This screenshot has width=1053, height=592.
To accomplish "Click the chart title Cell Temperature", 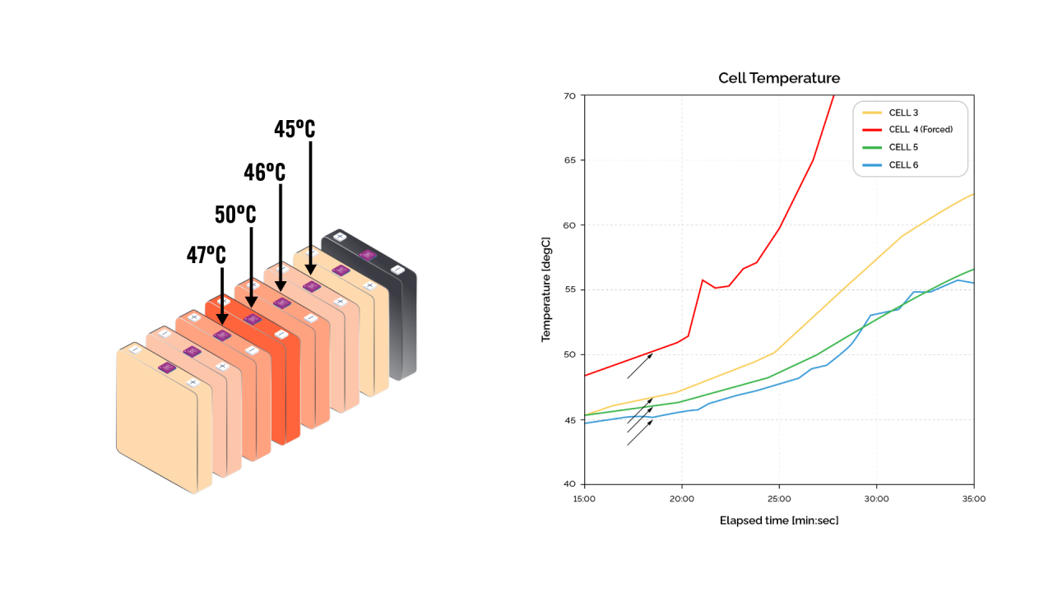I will [x=779, y=79].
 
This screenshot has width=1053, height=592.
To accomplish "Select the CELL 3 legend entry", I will [x=903, y=113].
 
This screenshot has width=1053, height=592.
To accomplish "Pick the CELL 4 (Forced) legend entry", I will [x=921, y=130].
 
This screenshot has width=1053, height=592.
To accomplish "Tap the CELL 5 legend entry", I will [x=903, y=147].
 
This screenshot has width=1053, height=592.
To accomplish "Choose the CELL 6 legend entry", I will [x=903, y=165].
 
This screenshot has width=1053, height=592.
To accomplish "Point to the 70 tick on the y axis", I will [x=569, y=96].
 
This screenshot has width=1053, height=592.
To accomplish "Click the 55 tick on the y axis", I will [x=569, y=290].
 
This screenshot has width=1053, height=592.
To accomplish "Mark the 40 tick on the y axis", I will [x=569, y=484].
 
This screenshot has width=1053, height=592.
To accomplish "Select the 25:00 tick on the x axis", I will [x=779, y=498].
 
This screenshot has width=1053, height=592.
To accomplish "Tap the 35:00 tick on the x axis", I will [x=974, y=498].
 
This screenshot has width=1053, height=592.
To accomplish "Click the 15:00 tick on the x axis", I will [x=583, y=498].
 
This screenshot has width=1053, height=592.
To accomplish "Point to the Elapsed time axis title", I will [x=779, y=520].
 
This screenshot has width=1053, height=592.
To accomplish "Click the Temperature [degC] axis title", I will [x=546, y=289].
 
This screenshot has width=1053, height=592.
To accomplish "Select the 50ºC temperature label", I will [x=235, y=215].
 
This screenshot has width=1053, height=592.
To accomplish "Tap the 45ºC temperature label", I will [x=295, y=129].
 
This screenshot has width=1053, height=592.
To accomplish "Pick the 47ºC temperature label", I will [x=206, y=255].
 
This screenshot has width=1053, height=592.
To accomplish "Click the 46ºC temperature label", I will [x=265, y=173].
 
